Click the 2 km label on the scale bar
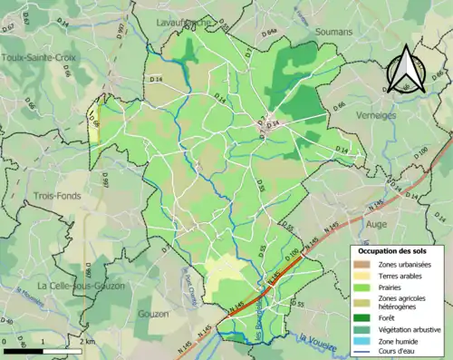coord(87,340)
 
